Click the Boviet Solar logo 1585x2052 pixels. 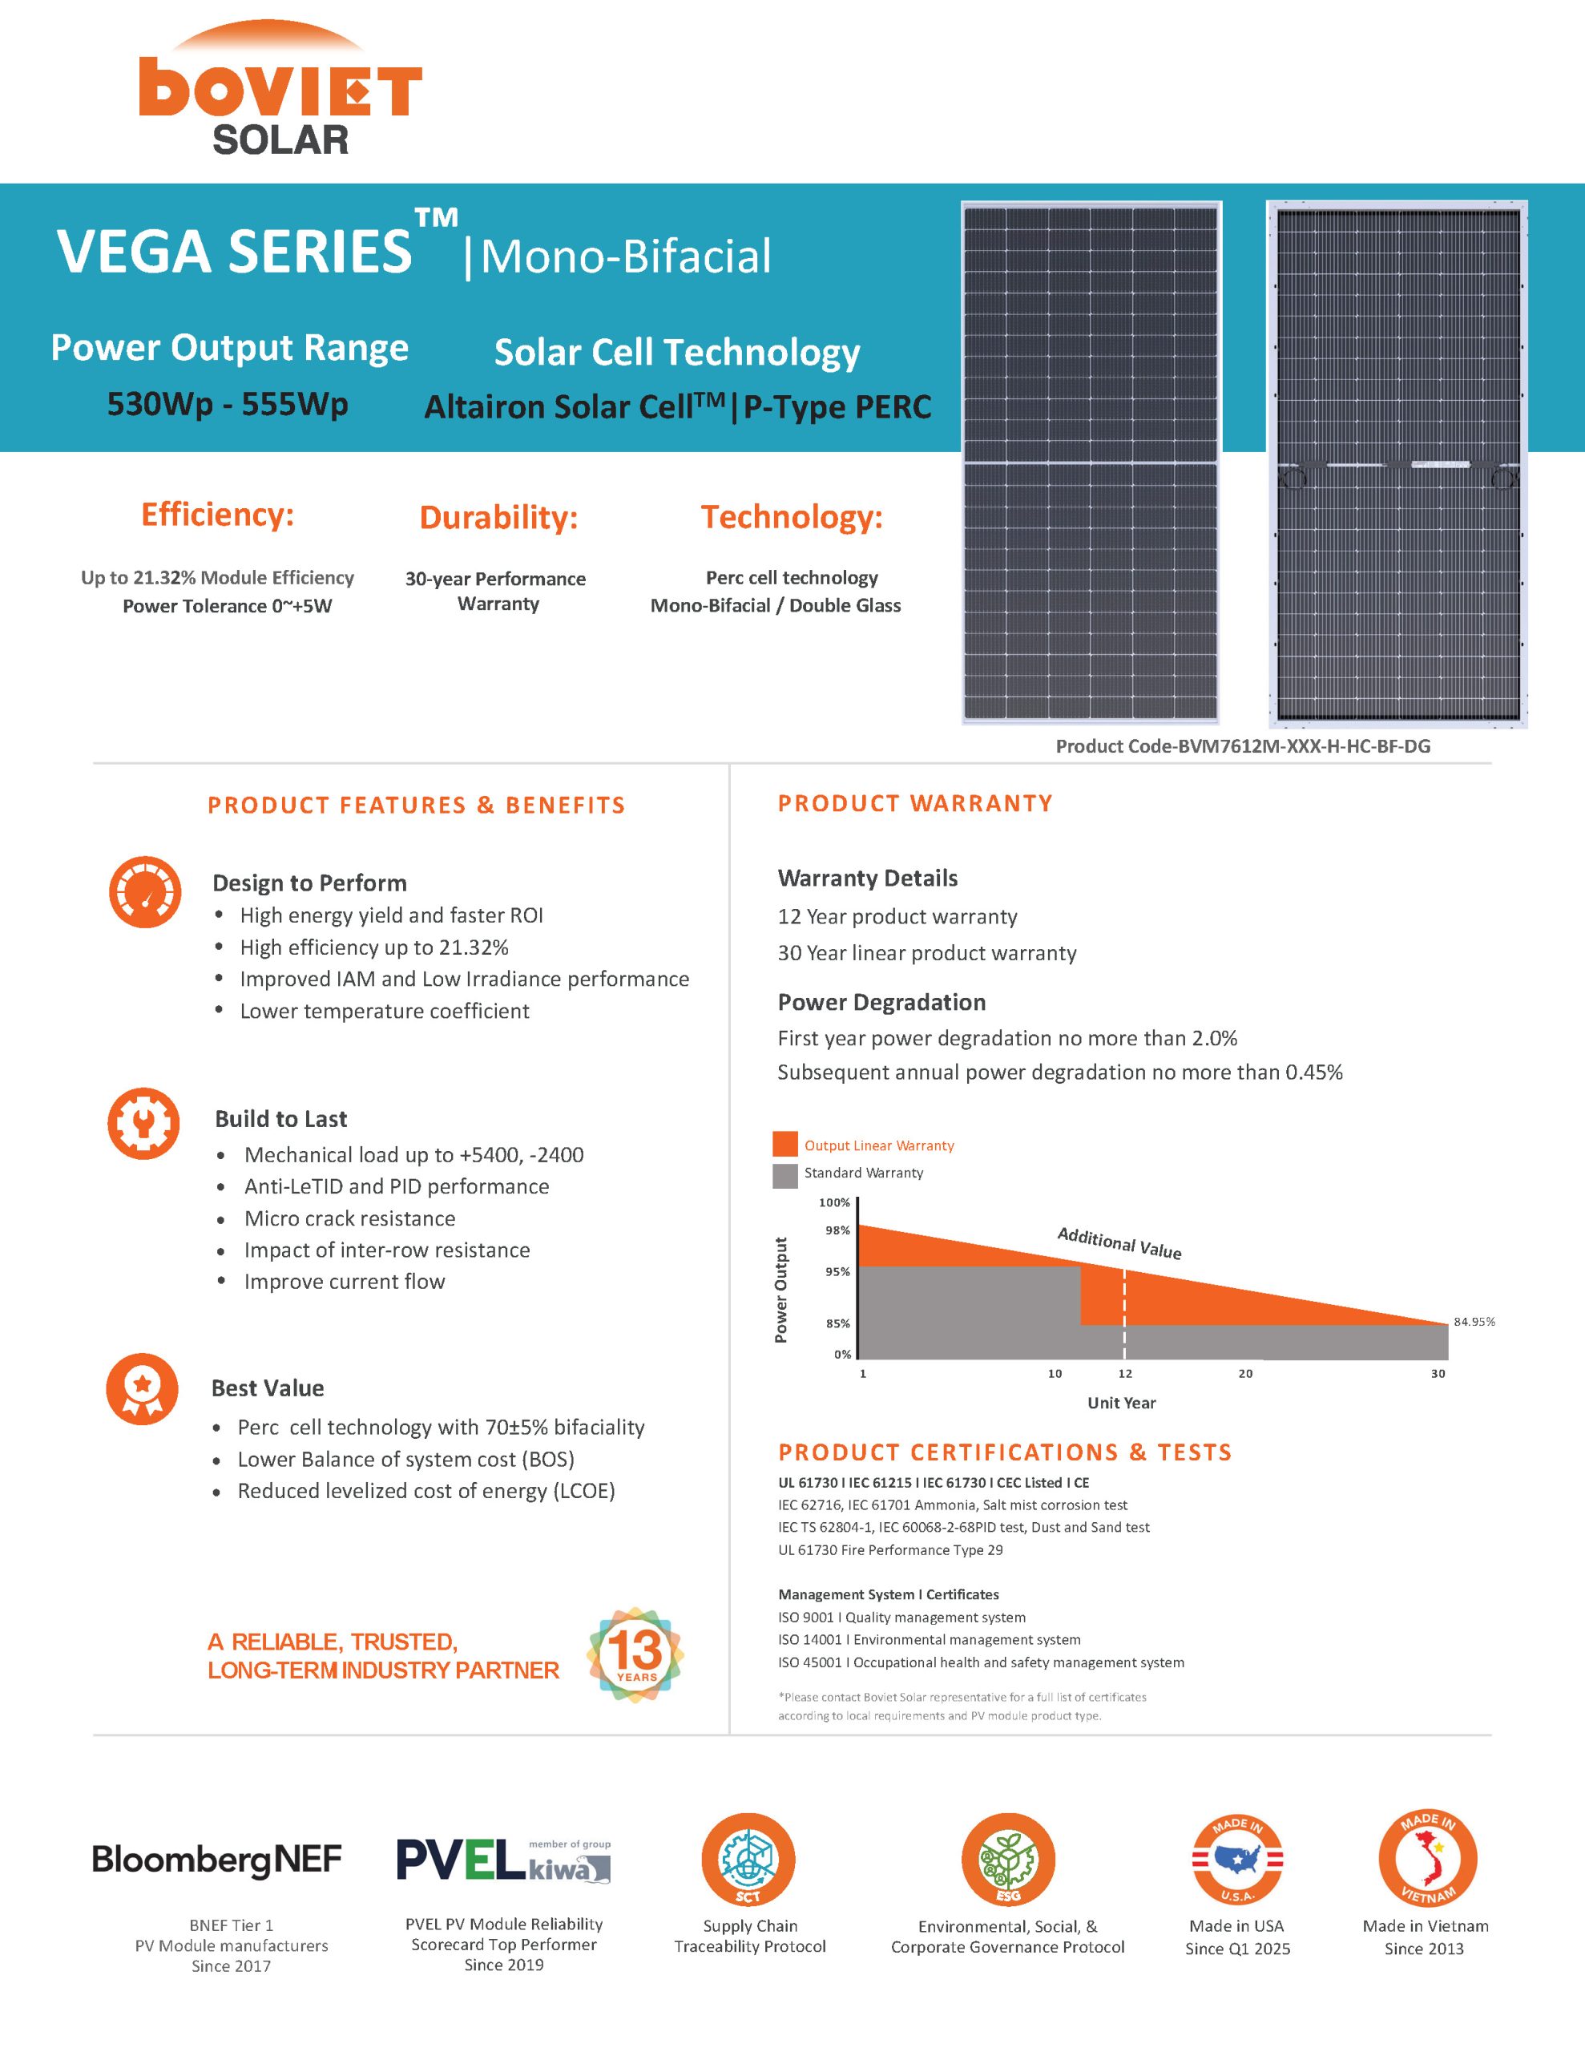[280, 89]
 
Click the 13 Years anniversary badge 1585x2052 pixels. [636, 1654]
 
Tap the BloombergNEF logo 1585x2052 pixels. [217, 1860]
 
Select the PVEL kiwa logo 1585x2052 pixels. [502, 1860]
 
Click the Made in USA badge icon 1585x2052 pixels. [1236, 1860]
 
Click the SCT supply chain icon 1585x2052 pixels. [748, 1860]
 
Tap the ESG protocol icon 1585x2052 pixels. [1007, 1860]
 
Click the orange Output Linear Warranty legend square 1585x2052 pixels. [784, 1145]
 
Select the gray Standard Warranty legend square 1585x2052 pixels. [784, 1173]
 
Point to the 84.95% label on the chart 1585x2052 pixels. [1473, 1321]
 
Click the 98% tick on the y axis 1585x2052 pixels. [837, 1230]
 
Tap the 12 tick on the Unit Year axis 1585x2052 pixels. [1124, 1373]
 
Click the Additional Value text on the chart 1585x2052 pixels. [1119, 1243]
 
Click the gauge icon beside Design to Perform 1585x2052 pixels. [145, 891]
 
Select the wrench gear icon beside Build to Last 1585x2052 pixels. [143, 1123]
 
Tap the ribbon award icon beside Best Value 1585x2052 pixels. [142, 1388]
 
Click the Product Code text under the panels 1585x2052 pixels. [1242, 746]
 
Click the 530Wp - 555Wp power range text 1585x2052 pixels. [228, 404]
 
